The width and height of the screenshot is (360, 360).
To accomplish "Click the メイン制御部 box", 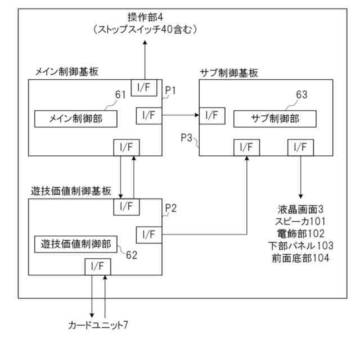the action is click(76, 119).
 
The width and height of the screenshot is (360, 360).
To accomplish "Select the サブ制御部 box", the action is click(275, 119).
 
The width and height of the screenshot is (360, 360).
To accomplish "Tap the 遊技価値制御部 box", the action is click(76, 244).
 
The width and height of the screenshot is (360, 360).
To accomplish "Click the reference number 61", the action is click(120, 94).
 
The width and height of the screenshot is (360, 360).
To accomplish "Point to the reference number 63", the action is click(301, 94).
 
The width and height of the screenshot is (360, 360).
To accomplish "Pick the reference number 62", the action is click(132, 255).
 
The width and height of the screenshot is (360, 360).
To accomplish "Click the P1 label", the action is click(170, 91).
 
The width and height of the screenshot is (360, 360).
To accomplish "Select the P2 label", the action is click(171, 208).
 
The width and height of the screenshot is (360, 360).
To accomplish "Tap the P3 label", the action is click(186, 138).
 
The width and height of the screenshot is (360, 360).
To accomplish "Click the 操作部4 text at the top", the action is click(145, 17).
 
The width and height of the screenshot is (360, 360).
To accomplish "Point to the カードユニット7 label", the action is click(98, 325).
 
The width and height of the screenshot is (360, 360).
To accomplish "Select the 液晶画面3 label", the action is click(300, 209).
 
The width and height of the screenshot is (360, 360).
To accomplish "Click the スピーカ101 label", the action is click(300, 222).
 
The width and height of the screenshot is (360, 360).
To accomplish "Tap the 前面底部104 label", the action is click(300, 258).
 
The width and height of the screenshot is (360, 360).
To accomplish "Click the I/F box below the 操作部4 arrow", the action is click(144, 88).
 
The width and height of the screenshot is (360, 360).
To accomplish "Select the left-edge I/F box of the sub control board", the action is click(212, 116).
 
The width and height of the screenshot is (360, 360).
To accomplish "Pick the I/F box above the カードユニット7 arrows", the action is click(98, 267).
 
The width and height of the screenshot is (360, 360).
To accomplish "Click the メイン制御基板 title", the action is click(67, 71).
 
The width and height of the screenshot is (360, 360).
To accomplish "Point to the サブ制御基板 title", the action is click(229, 73).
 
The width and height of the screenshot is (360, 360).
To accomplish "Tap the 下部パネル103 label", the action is click(301, 246).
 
